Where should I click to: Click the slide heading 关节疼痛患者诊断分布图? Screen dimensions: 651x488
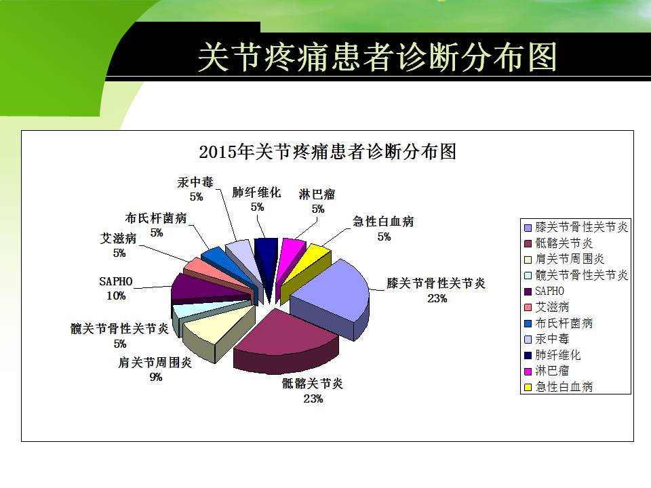(377, 57)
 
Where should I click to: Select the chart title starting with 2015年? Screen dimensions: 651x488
(328, 151)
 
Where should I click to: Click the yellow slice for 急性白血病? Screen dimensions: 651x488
(305, 266)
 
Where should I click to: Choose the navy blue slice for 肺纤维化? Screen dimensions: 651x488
(267, 258)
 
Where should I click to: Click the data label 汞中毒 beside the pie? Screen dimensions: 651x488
(195, 182)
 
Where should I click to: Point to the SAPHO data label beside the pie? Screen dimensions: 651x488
(116, 281)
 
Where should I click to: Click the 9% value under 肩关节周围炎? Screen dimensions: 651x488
(156, 377)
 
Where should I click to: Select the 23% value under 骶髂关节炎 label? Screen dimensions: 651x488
(313, 399)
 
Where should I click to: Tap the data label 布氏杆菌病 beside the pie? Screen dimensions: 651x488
(156, 218)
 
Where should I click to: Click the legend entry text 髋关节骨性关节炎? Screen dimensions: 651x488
(582, 274)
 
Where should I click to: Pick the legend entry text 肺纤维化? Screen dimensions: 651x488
(558, 354)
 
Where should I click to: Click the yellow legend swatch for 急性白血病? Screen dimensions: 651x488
(528, 387)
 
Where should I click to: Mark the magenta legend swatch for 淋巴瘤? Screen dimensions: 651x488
(528, 371)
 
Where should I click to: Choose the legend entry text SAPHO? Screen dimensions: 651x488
(550, 291)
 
